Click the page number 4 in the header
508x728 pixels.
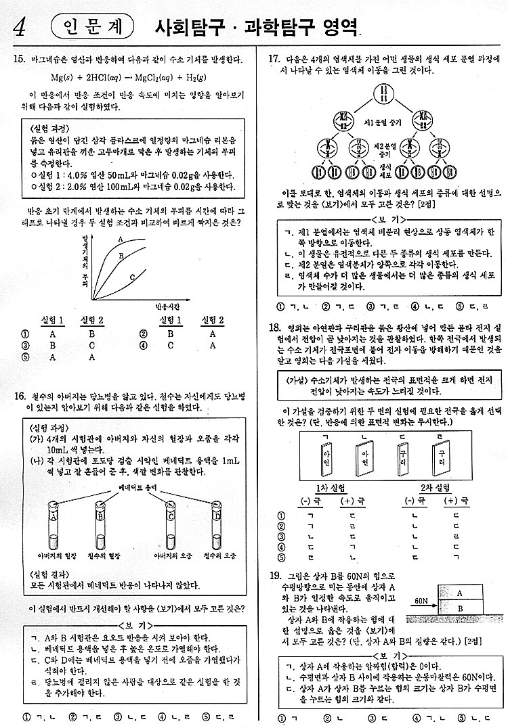pyautogui.click(x=21, y=27)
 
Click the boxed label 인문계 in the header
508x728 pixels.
pyautogui.click(x=91, y=27)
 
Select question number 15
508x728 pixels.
pyautogui.click(x=19, y=60)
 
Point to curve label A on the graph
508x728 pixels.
pyautogui.click(x=120, y=239)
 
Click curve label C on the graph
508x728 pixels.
pyautogui.click(x=132, y=276)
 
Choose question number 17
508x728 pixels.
pyautogui.click(x=275, y=60)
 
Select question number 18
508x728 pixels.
pyautogui.click(x=275, y=328)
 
